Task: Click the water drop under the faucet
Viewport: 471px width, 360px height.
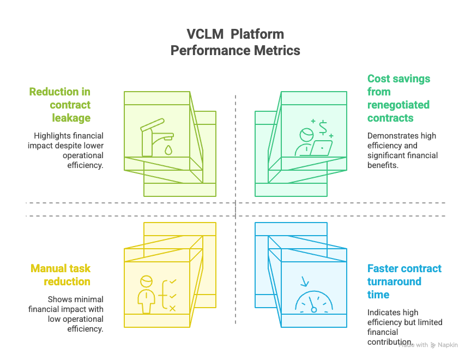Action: (x=168, y=149)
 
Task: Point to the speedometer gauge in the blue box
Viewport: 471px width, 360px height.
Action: (x=313, y=303)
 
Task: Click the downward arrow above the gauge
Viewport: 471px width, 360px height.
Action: (x=304, y=281)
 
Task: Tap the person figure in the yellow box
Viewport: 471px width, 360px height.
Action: (x=146, y=295)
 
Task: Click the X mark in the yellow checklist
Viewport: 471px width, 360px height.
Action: (x=173, y=309)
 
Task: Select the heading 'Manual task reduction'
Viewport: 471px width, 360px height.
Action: (x=61, y=275)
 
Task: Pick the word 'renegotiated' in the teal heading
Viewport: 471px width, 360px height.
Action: (x=398, y=105)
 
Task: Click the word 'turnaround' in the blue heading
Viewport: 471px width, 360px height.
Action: (x=394, y=281)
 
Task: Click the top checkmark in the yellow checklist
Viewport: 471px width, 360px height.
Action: (x=173, y=281)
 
